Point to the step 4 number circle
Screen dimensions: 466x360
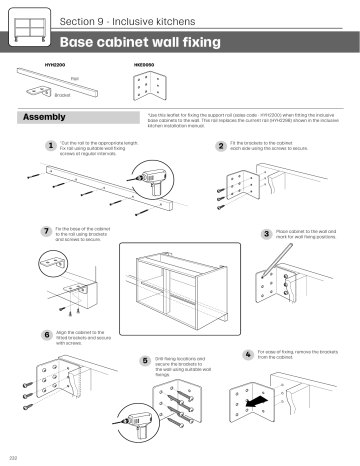click(x=248, y=355)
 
